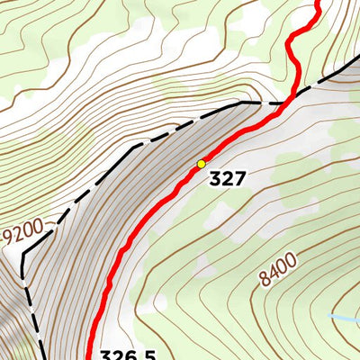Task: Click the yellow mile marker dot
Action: click(202, 164)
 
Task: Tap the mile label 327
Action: click(227, 179)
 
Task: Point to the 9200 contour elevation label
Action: click(22, 236)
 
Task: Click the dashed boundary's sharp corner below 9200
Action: click(22, 254)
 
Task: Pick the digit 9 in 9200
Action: click(7, 240)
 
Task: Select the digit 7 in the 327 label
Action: click(239, 179)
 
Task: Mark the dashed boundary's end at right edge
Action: click(357, 63)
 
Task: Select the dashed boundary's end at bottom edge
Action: click(42, 357)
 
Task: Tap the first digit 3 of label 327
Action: click(215, 179)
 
